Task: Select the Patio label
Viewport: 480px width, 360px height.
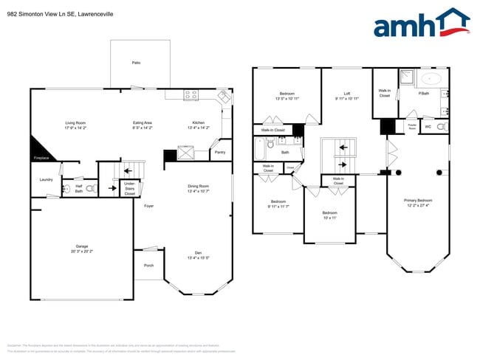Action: pyautogui.click(x=136, y=63)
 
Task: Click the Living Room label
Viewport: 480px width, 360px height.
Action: pyautogui.click(x=76, y=123)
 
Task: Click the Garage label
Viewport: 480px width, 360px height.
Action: pyautogui.click(x=82, y=247)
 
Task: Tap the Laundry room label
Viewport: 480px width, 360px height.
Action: pyautogui.click(x=45, y=179)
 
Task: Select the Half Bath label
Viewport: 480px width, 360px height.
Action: pyautogui.click(x=78, y=189)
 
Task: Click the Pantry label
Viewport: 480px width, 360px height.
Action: pyautogui.click(x=219, y=153)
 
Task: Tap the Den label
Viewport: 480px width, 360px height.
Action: pyautogui.click(x=198, y=254)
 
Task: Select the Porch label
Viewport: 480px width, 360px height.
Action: pyautogui.click(x=148, y=265)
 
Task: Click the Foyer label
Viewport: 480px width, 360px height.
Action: pyautogui.click(x=148, y=206)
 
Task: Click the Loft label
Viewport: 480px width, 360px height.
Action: pyautogui.click(x=346, y=94)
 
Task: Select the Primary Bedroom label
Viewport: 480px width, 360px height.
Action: pyautogui.click(x=418, y=201)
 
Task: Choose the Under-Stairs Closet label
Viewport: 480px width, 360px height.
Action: pyautogui.click(x=129, y=188)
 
